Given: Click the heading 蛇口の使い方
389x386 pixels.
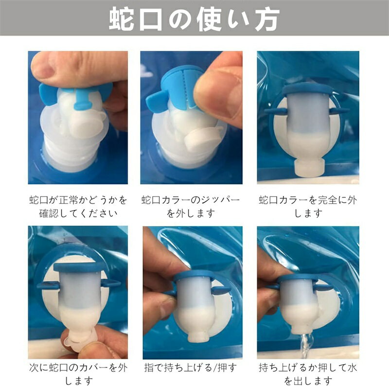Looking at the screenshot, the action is (194, 19).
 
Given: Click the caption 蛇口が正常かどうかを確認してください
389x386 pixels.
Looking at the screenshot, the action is (78, 207).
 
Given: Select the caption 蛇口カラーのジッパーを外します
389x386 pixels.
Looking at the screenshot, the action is (191, 207).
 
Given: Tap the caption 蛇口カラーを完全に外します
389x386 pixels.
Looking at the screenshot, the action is (308, 207).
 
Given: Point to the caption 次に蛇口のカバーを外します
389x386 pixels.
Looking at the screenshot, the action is (78, 373).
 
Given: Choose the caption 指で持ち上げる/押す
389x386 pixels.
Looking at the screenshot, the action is (191, 368).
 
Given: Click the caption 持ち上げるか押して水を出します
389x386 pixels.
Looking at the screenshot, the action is (308, 373).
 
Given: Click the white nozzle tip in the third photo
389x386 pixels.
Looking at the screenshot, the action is (309, 168).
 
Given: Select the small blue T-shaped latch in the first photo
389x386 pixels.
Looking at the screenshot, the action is (81, 99).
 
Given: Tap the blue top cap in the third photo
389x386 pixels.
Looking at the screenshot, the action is (308, 89).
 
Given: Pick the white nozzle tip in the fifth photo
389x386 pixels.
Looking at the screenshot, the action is (198, 336).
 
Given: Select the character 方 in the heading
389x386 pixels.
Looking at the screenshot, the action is (267, 19).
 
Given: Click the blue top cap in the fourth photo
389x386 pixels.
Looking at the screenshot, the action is (78, 267).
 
